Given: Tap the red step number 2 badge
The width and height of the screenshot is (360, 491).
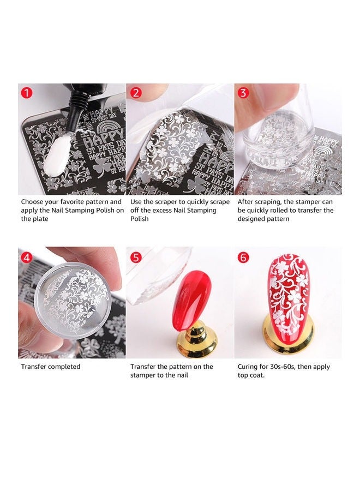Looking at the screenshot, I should [x=136, y=93].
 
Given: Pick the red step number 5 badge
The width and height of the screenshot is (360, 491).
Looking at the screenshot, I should [x=136, y=256].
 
